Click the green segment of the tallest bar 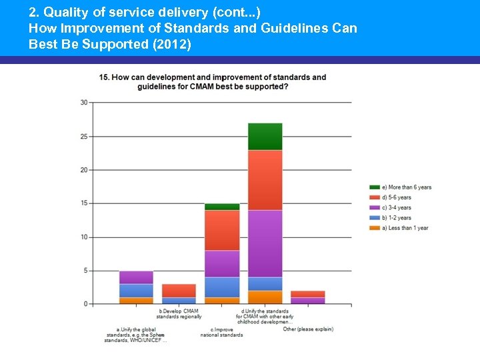click(265, 137)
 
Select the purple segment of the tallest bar click(265, 243)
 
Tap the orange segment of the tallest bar click(265, 297)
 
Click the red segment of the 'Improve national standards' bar click(221, 230)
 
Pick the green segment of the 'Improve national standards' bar click(221, 207)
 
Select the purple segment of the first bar click(136, 277)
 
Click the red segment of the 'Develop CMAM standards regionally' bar click(179, 291)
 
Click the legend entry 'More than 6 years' click(400, 187)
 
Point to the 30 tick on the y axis click(83, 102)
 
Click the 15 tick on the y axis click(83, 203)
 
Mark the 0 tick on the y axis click(85, 304)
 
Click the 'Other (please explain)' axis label click(308, 329)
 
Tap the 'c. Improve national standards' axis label click(221, 332)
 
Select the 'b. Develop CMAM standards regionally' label click(180, 313)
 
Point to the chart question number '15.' click(105, 77)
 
